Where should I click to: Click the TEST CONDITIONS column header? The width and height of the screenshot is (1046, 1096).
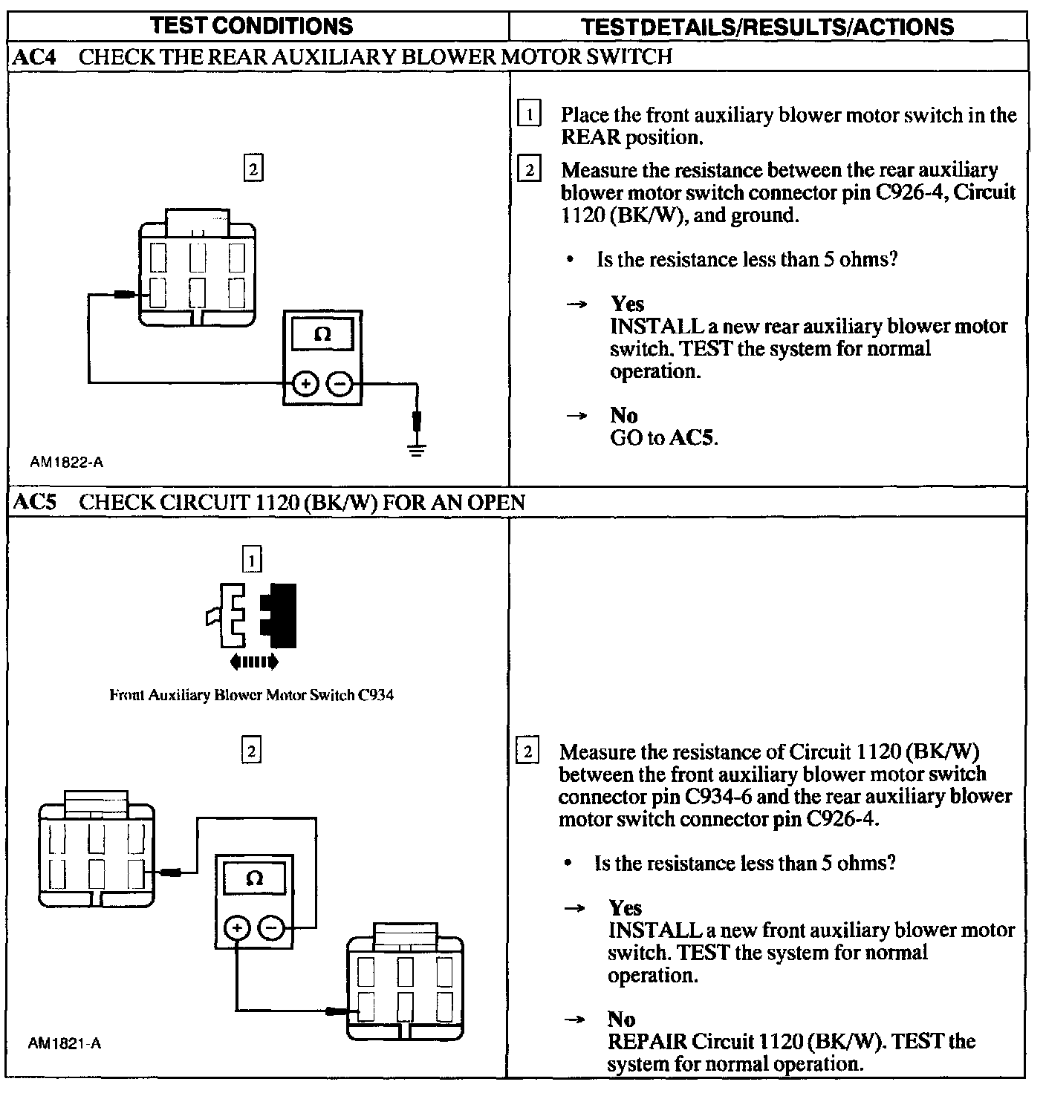coord(251,27)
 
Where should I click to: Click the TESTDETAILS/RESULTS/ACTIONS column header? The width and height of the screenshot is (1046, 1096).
coord(768,27)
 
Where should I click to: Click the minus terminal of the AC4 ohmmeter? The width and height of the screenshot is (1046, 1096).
coord(339,384)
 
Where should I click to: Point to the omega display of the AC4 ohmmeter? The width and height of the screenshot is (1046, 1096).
coord(322,334)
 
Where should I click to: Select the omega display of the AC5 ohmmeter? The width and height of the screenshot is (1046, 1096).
coord(254,878)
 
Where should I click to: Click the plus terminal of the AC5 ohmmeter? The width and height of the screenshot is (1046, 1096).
coord(237,927)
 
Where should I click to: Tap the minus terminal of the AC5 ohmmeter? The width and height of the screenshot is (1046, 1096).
coord(271,927)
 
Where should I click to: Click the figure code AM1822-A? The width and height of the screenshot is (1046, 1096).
coord(67,463)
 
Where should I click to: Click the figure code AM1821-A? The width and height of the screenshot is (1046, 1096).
coord(65,1044)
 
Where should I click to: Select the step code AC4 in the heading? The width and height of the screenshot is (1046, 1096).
coord(35,57)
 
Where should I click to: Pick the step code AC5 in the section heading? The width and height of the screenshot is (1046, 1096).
coord(35,503)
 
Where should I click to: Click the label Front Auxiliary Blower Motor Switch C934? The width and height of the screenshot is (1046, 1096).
coord(251,696)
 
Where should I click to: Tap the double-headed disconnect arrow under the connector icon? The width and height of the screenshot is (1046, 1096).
coord(254,661)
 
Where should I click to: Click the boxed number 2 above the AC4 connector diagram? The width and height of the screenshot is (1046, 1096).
coord(253,169)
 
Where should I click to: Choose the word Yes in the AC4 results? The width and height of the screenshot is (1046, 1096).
coord(627,304)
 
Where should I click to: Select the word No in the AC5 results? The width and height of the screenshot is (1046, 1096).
coord(621,1019)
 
